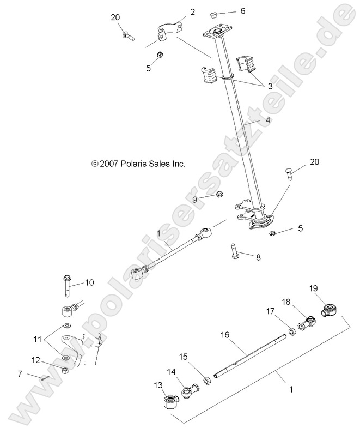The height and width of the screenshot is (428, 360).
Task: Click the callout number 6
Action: [x=228, y=11]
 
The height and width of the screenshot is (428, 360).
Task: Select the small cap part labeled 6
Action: [x=215, y=13]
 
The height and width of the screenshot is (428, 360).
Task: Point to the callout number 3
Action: [x=270, y=86]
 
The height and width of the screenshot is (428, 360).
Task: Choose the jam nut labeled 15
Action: [x=208, y=379]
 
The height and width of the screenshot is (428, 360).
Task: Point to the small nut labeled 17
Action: [x=292, y=330]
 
